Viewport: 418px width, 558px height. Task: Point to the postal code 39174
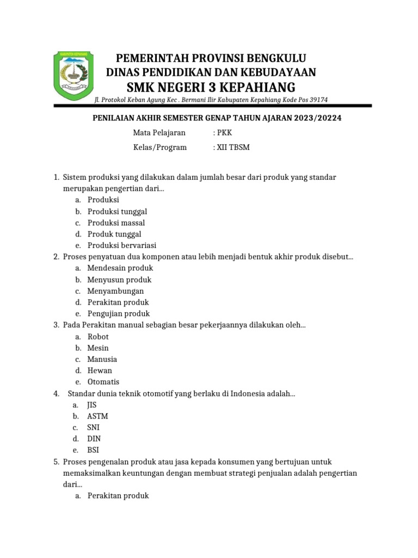pos(317,99)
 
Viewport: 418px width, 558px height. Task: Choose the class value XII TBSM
pos(232,147)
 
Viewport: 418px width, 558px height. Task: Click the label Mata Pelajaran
pos(159,132)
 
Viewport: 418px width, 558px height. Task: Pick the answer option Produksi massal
pos(116,223)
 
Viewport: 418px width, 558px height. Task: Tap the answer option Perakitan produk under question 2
pos(118,302)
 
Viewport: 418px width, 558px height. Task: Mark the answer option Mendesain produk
pos(120,268)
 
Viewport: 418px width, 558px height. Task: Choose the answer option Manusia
pos(102,359)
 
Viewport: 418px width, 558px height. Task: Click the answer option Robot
pos(98,337)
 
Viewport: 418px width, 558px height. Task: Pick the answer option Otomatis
pos(103,382)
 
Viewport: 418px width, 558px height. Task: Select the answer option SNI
pos(93,427)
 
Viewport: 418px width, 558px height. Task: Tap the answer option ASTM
pos(97,416)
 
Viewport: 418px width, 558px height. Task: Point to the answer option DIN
pos(93,439)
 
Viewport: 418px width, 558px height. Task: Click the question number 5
pos(56,462)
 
